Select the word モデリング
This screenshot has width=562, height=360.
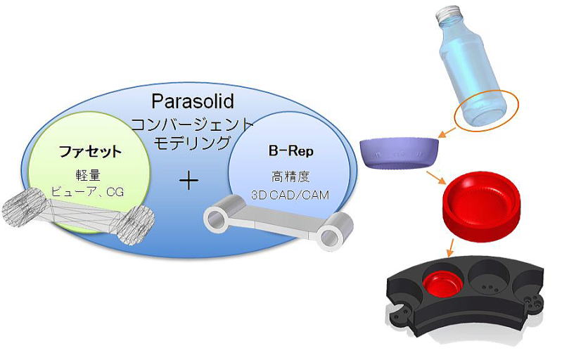point(192,143)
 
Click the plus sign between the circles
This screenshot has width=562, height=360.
point(189,181)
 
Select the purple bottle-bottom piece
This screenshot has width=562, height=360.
point(398,153)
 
